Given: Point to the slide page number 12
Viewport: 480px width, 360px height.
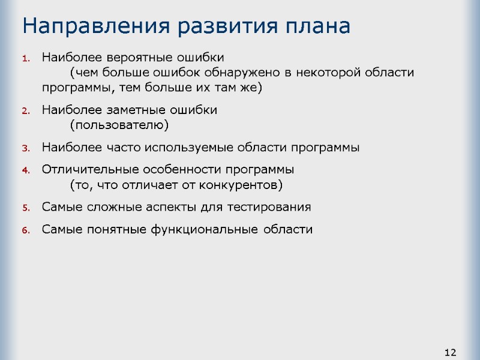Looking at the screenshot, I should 450,351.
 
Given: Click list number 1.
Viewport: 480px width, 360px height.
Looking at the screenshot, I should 25,59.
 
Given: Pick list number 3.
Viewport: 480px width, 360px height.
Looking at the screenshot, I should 25,148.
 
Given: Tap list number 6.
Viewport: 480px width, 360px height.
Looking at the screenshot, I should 25,230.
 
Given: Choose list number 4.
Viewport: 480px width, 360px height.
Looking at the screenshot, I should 25,170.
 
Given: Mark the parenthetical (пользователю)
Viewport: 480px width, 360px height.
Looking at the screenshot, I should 119,125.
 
